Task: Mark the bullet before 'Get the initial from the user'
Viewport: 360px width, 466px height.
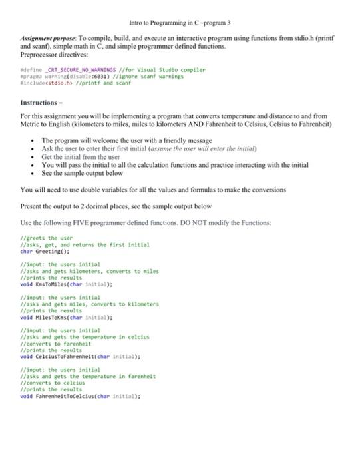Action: (33, 156)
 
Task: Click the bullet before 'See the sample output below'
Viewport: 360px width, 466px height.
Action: (33, 173)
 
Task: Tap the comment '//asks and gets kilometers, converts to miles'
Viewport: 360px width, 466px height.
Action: (90, 272)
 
